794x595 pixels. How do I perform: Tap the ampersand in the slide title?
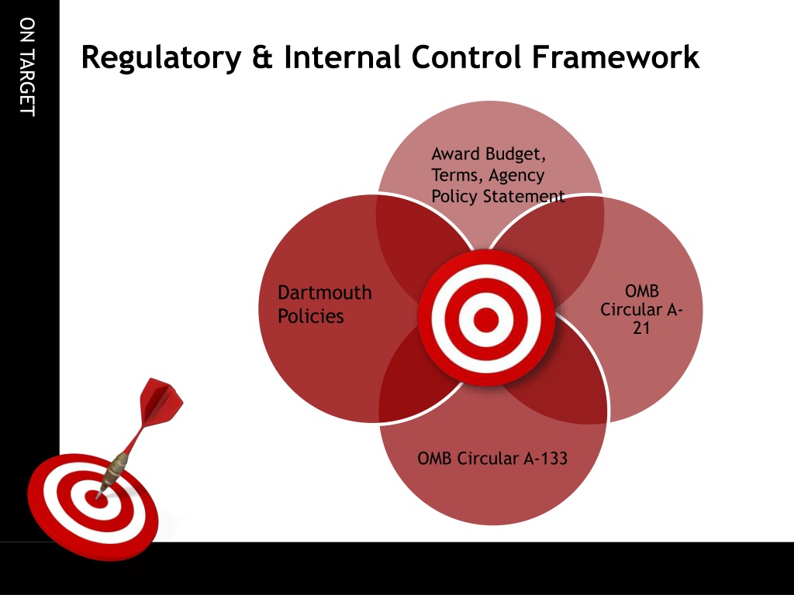point(262,58)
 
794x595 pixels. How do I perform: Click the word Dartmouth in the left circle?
point(324,293)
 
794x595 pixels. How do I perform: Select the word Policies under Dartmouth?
point(310,316)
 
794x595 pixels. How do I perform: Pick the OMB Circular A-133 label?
point(492,459)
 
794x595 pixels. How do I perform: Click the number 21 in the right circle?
point(640,328)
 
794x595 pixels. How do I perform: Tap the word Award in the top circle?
point(455,153)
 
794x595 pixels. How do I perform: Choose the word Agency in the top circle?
point(516,175)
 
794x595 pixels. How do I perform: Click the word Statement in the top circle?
point(524,196)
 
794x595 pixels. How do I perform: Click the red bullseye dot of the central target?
point(486,318)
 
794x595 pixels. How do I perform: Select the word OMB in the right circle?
point(641,292)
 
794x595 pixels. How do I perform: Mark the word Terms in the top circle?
point(457,175)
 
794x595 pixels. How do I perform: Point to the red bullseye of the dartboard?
point(95,500)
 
